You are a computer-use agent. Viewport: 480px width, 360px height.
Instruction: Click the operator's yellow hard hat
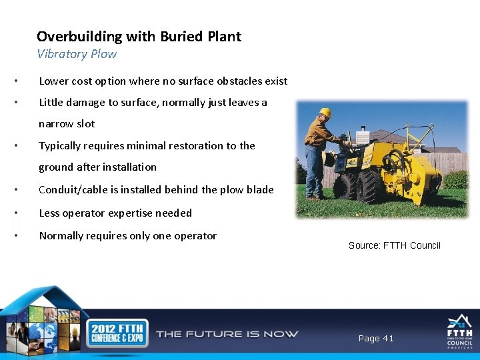[325, 113]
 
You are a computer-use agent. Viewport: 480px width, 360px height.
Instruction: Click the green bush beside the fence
[456, 179]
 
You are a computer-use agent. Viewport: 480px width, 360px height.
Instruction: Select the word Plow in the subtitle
[103, 54]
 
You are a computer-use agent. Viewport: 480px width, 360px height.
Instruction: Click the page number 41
[387, 339]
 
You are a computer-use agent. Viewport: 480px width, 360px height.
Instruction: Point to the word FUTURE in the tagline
[220, 333]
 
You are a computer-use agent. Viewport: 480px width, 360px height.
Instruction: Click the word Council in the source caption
[425, 245]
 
